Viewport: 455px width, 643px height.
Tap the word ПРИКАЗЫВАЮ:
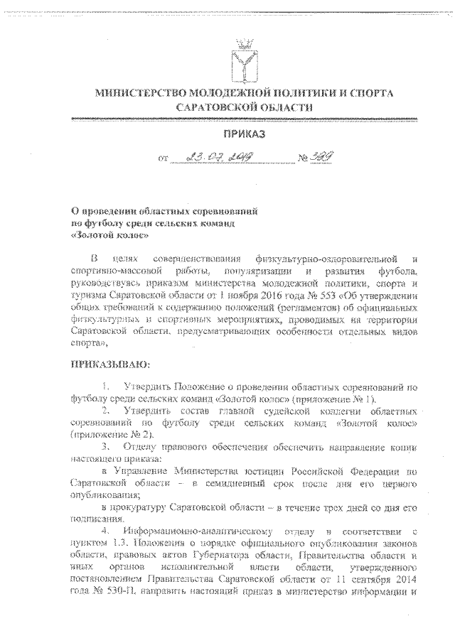tap(107, 365)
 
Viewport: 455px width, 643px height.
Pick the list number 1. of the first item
tap(106, 387)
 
